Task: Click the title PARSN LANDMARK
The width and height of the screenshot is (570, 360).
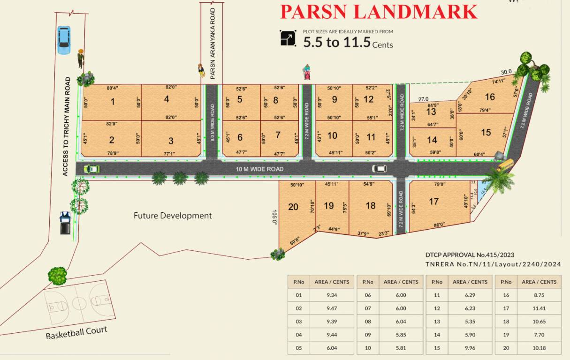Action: coord(379,11)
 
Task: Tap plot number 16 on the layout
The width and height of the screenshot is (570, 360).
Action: coord(490,97)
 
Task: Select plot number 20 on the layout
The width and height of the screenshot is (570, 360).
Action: coord(293,207)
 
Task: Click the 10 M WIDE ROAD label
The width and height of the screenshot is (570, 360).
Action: coord(259,169)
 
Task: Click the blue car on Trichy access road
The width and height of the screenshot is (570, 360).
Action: coord(63,39)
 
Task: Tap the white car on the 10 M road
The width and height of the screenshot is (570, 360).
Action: coord(379,169)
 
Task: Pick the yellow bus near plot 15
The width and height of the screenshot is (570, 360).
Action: coord(505,165)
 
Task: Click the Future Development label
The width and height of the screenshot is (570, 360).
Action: coord(173,216)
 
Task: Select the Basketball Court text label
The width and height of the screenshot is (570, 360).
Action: coord(76,333)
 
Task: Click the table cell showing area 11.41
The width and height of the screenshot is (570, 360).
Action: coord(541,308)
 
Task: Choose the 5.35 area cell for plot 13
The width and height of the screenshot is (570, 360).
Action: coord(472,322)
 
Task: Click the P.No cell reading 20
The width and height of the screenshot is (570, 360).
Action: coord(506,348)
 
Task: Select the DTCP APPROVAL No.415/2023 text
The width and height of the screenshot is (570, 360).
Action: coord(470,255)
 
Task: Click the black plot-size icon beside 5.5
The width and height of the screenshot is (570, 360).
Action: coord(288,38)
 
